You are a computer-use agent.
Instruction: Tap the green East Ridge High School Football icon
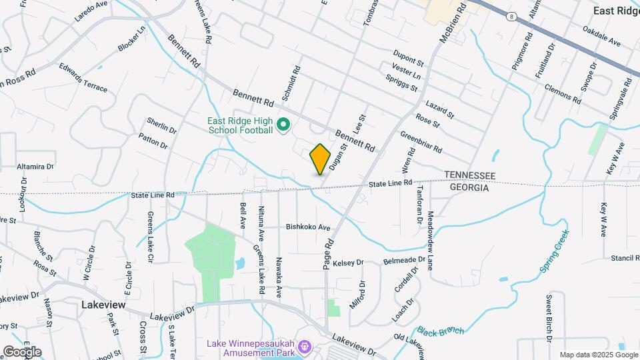point(283,125)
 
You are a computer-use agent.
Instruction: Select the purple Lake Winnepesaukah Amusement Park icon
point(305,347)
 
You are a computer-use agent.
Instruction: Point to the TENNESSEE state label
point(470,175)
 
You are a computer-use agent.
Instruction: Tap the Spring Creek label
point(555,251)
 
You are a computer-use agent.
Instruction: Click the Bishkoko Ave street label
point(308,227)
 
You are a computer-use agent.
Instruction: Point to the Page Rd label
point(327,255)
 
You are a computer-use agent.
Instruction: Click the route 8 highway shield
point(510,15)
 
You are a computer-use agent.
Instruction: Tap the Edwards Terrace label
point(83,77)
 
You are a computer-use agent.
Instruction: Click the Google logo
point(22,351)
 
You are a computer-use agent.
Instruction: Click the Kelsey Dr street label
point(348,263)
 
